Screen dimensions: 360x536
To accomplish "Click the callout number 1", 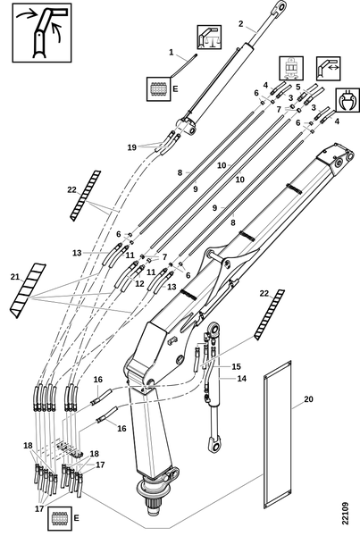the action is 172,53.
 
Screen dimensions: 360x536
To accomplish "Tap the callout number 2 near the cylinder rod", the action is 241,23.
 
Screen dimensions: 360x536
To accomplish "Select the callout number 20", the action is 308,399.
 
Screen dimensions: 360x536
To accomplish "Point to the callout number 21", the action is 14,277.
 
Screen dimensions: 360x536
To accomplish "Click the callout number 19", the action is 132,147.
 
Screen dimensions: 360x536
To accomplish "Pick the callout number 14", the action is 242,379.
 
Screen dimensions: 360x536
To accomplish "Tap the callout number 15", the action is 236,366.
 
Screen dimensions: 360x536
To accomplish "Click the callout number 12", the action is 139,283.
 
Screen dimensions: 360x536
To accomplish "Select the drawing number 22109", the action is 345,513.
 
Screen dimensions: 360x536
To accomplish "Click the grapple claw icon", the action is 347,100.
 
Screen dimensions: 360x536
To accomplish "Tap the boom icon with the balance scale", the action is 209,37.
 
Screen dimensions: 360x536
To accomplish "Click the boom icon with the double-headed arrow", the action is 328,69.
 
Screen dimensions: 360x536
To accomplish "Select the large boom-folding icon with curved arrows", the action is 42,33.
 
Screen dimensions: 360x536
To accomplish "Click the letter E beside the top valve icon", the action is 175,88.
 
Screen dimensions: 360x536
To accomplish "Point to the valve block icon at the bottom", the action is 60,518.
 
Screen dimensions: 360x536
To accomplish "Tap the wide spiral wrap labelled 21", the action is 28,290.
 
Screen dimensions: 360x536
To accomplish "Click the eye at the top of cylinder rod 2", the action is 280,7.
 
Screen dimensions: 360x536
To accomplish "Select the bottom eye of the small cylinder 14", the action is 214,444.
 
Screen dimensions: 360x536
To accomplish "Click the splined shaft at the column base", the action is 155,502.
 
